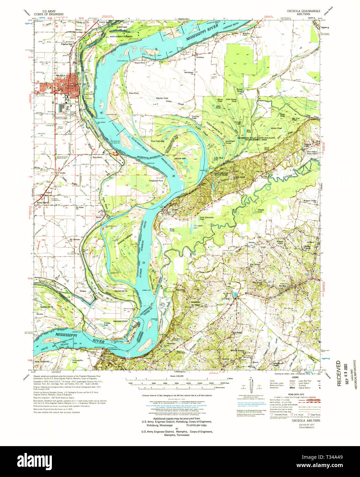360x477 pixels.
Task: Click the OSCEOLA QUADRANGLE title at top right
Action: [301, 11]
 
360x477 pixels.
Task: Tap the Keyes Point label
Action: [140, 63]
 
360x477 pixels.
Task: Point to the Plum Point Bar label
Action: [158, 141]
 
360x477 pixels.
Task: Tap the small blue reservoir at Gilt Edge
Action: [235, 294]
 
